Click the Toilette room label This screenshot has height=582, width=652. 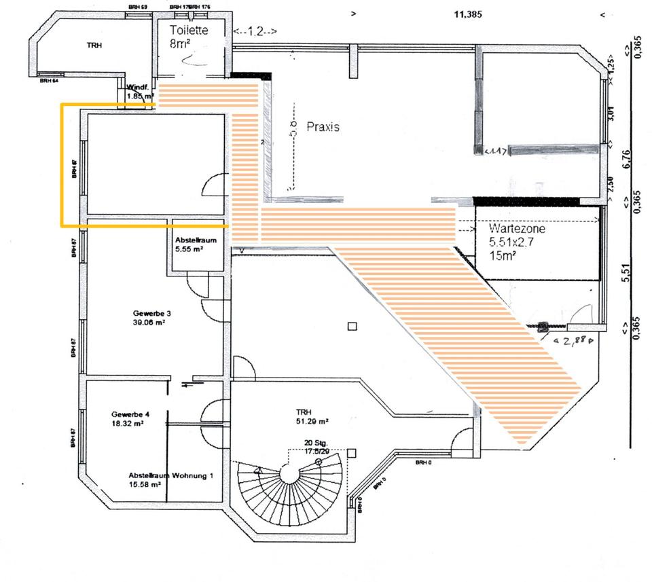189,31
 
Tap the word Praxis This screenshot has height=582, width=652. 323,127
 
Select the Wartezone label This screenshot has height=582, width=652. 517,230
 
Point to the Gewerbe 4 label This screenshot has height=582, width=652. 128,414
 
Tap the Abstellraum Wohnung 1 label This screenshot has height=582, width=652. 170,475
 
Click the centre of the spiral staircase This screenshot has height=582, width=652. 291,473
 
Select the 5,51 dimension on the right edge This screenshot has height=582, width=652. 626,272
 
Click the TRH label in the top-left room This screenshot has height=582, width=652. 94,45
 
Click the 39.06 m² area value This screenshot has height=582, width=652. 151,323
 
